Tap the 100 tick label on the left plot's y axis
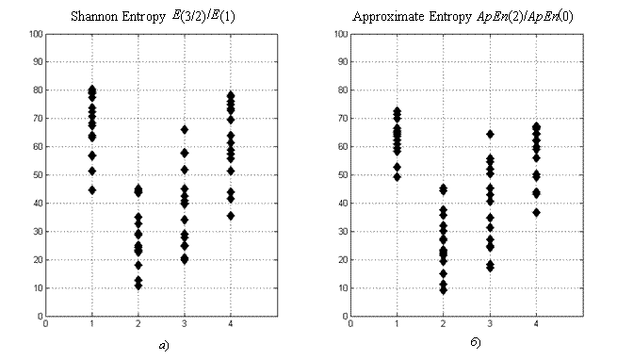pyautogui.click(x=36, y=34)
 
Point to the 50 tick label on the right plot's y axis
pyautogui.click(x=343, y=175)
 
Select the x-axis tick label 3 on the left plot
pyautogui.click(x=184, y=324)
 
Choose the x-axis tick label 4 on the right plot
pyautogui.click(x=536, y=324)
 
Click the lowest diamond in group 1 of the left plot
pyautogui.click(x=92, y=190)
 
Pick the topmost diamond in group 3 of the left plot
pyautogui.click(x=184, y=130)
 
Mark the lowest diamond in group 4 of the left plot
pyautogui.click(x=231, y=216)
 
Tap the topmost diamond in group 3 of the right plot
pyautogui.click(x=490, y=135)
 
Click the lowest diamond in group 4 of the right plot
pyautogui.click(x=536, y=213)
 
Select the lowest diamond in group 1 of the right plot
pyautogui.click(x=397, y=177)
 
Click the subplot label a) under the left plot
pyautogui.click(x=164, y=346)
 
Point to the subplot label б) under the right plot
pyautogui.click(x=476, y=343)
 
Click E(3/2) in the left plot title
pyautogui.click(x=189, y=17)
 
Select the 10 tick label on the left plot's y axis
pyautogui.click(x=38, y=288)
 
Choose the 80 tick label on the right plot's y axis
pyautogui.click(x=343, y=90)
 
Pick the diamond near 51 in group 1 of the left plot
pyautogui.click(x=92, y=172)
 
